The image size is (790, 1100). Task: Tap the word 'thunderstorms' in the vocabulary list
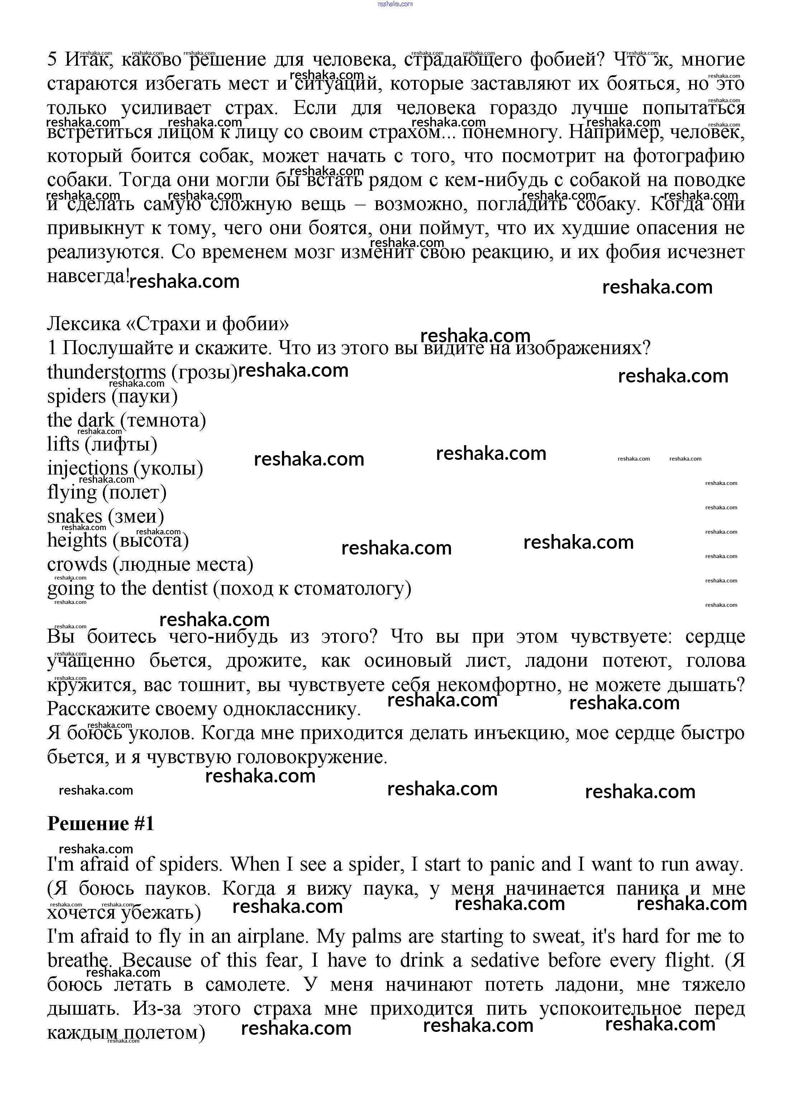106,372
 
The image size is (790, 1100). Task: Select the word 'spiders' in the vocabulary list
76,396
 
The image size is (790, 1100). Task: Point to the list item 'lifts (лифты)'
102,444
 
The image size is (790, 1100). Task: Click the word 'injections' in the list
87,468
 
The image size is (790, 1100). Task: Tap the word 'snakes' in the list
75,516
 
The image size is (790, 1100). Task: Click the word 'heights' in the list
77,540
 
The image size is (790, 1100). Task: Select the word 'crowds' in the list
77,565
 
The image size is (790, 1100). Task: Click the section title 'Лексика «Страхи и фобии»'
168,324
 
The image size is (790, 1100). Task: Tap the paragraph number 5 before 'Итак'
52,59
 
